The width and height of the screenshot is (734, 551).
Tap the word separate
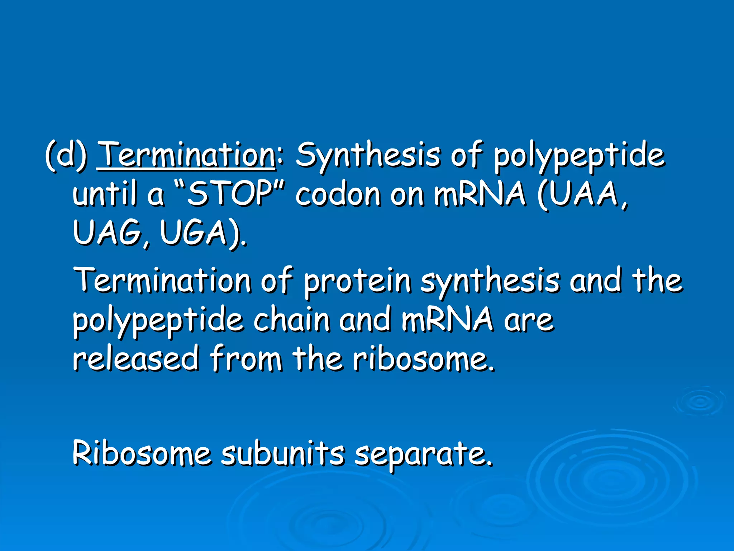pyautogui.click(x=423, y=453)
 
